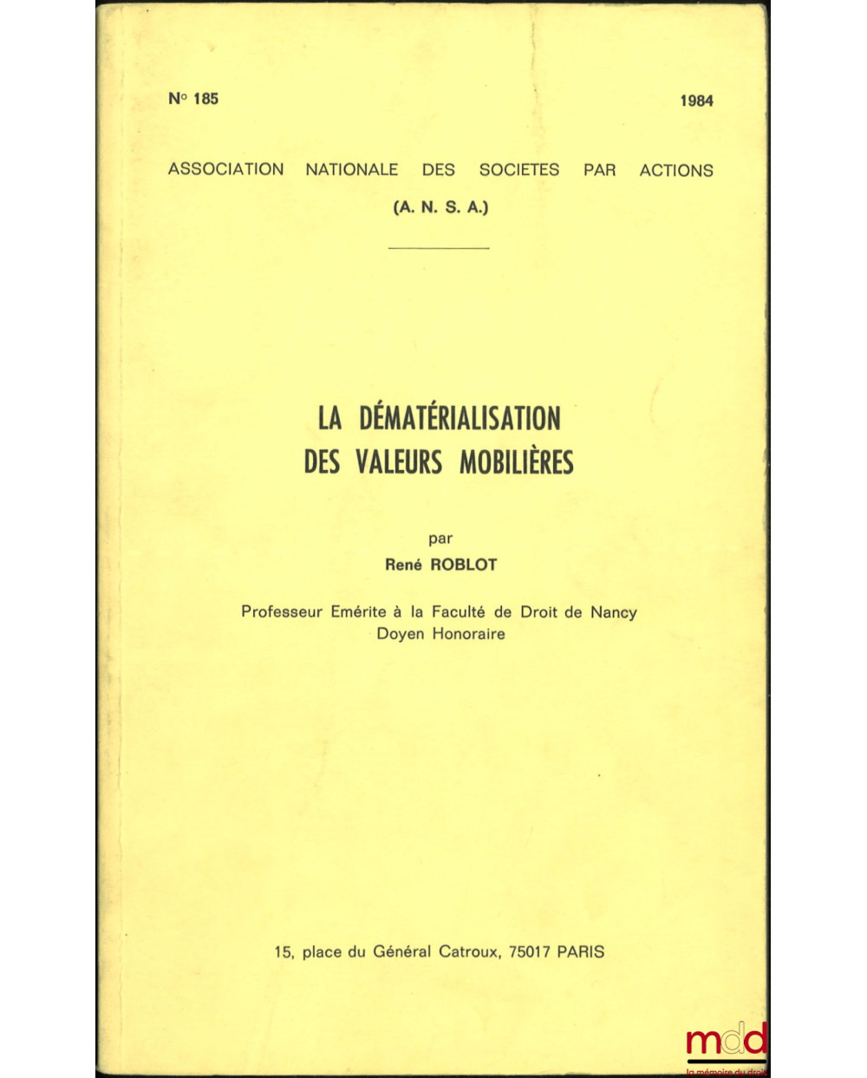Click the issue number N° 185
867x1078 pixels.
point(193,99)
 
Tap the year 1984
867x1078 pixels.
point(696,101)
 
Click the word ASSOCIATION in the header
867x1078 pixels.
point(225,169)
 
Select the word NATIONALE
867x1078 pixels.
point(351,170)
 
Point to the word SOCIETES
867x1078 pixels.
point(519,170)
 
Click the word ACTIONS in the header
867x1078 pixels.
point(676,171)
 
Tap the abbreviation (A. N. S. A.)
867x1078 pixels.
point(440,207)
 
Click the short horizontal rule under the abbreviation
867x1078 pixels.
point(440,248)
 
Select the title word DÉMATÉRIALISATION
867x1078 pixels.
point(460,418)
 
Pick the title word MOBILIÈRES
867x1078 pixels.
point(516,462)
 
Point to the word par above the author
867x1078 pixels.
point(440,539)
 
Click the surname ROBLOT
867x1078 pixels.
point(464,565)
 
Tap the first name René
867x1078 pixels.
point(403,565)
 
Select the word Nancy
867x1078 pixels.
point(613,612)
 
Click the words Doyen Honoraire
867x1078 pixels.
point(440,634)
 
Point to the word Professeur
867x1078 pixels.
point(283,612)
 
